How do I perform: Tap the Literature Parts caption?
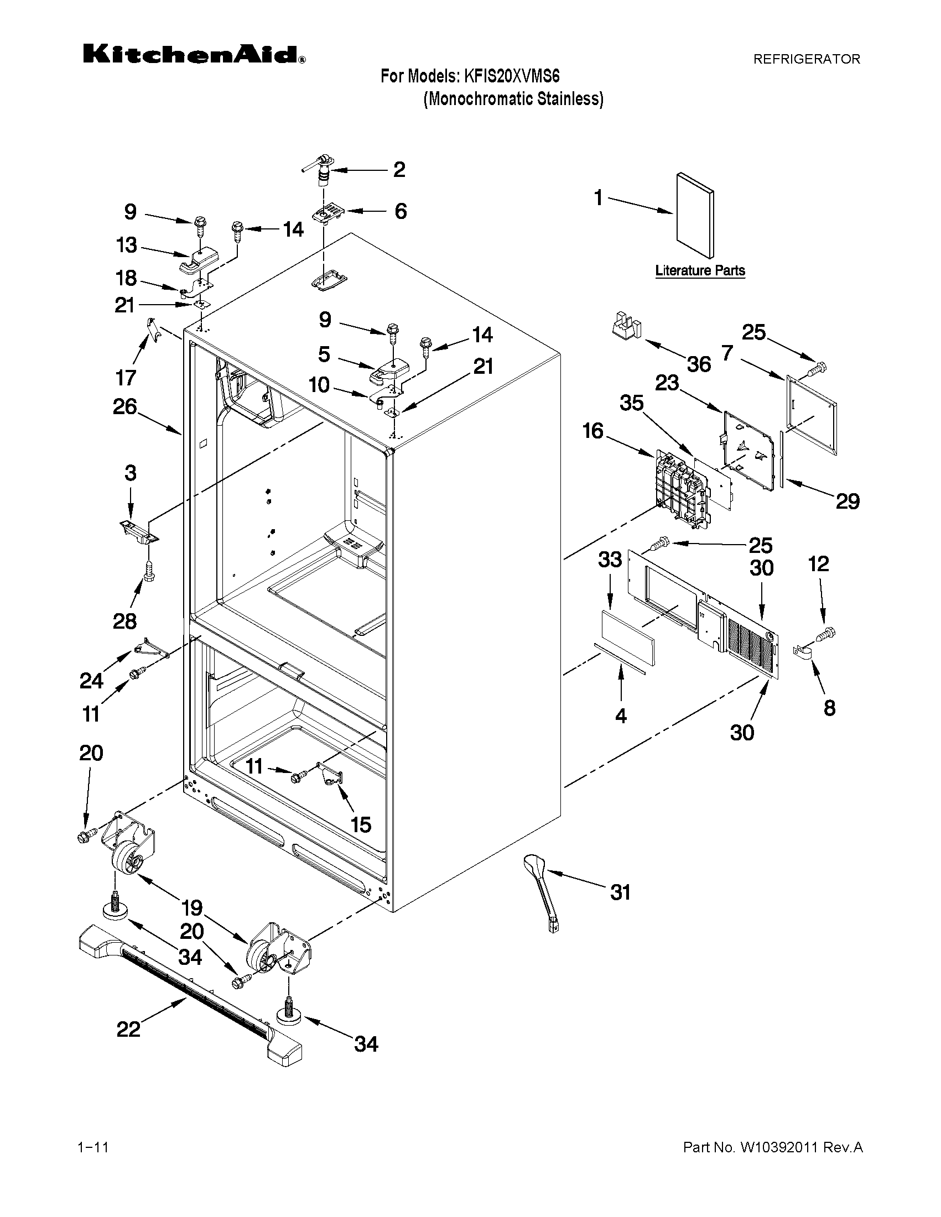point(700,271)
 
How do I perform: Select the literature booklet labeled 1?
point(694,215)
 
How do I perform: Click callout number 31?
point(620,892)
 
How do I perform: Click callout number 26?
point(125,407)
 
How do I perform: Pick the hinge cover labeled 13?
point(199,260)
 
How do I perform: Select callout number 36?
point(699,364)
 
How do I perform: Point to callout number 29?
point(848,502)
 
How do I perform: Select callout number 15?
point(361,824)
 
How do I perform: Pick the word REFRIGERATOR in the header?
point(806,59)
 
